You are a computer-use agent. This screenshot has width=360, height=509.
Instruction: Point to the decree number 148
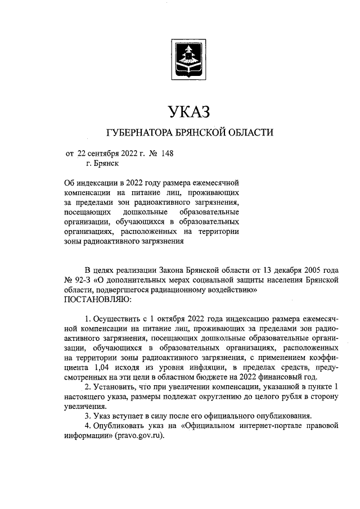point(167,152)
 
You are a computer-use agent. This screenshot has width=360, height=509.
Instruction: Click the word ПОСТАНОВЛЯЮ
point(99,300)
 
